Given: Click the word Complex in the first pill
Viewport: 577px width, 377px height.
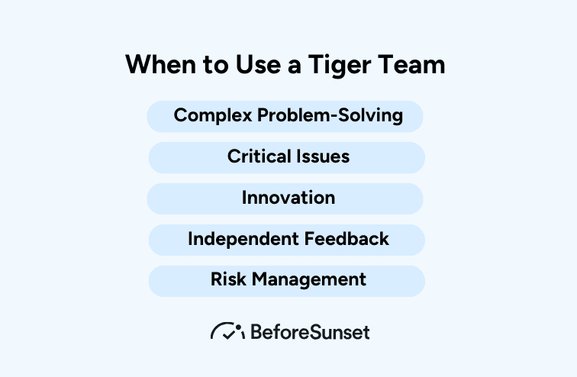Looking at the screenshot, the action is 212,116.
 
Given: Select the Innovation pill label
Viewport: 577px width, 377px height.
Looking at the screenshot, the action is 288,198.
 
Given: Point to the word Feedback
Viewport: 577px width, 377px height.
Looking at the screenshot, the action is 347,240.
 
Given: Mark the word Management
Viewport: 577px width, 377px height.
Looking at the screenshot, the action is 308,280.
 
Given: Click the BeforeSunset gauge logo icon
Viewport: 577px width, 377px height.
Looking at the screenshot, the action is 227,331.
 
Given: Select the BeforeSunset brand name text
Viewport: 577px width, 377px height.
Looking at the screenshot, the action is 310,332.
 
